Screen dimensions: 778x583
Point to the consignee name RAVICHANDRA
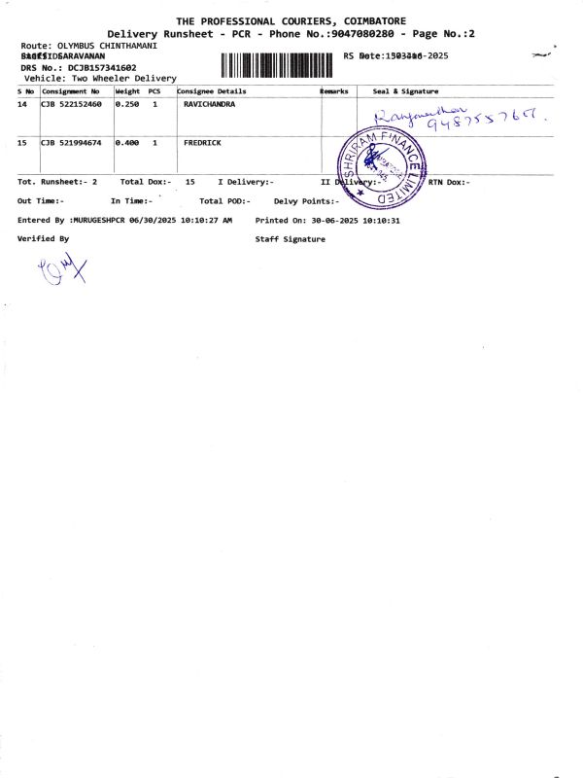(x=209, y=103)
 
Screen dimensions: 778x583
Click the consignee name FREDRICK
(x=202, y=143)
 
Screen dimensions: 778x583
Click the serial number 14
(x=22, y=103)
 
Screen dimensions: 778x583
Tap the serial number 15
(x=22, y=143)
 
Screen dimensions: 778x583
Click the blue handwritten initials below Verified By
(x=62, y=268)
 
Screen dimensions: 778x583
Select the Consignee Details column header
(x=212, y=90)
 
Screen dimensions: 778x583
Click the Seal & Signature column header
(x=405, y=90)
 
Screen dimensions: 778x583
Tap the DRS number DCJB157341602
(x=95, y=67)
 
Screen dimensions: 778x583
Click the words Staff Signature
(x=291, y=238)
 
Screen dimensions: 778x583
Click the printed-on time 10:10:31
(x=381, y=221)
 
